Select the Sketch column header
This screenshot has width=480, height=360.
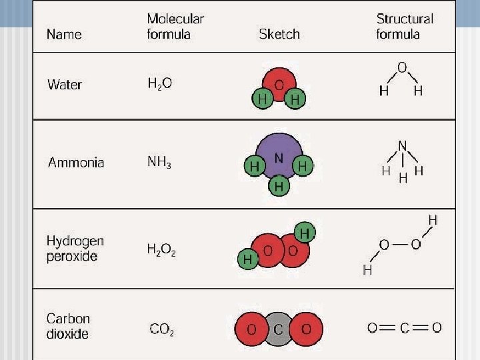pos(279,34)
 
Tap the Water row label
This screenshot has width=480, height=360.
pos(65,85)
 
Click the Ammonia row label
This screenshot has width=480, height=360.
pos(76,162)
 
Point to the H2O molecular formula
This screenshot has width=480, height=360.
pos(159,84)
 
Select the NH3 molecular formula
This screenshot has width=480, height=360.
pos(159,162)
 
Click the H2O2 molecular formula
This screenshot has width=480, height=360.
pos(161,250)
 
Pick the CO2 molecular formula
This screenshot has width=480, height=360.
pos(162,329)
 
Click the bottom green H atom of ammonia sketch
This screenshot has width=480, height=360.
pos(279,187)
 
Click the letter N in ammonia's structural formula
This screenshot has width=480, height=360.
pos(402,145)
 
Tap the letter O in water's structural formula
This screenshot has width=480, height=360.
pos(401,67)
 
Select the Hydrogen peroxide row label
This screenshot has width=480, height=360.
pos(75,248)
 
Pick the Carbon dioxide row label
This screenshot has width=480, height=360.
pos(68,326)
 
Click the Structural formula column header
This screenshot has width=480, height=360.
pos(405,27)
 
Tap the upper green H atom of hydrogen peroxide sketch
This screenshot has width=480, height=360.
pos(305,233)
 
